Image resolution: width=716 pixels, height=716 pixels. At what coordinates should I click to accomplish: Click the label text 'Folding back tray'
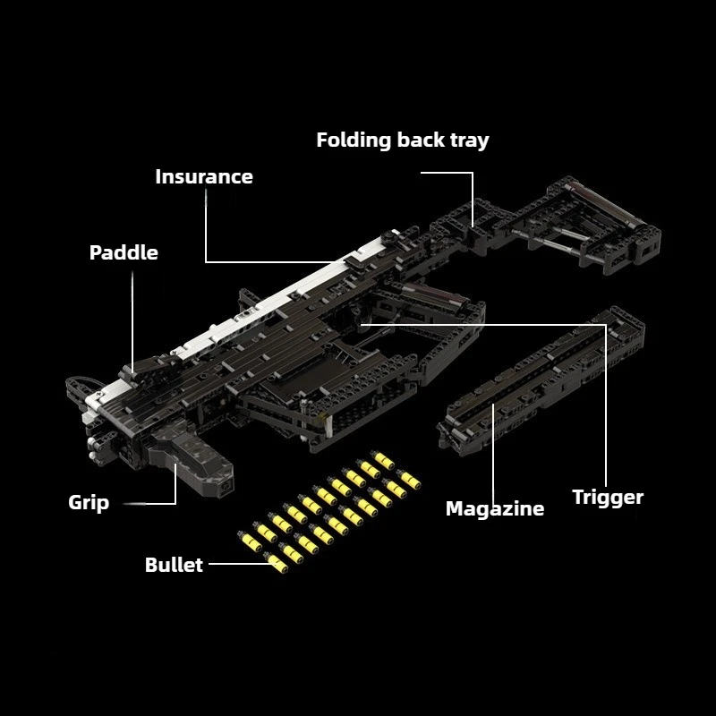[403, 141]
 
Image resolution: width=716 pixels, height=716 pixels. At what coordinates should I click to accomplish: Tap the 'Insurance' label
[204, 176]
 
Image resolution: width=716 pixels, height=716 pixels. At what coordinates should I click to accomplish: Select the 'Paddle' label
[124, 252]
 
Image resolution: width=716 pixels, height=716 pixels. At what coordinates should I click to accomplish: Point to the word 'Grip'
[89, 502]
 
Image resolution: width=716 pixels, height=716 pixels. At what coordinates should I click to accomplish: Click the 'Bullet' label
[174, 565]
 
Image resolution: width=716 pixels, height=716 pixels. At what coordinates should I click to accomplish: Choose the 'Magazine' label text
[495, 509]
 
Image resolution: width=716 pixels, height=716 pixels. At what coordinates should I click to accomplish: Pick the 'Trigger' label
[608, 498]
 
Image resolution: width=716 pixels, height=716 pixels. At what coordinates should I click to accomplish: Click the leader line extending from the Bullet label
[237, 564]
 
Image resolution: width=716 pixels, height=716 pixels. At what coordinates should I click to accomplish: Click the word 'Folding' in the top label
[354, 141]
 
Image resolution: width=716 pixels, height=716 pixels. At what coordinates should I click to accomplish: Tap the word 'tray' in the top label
[468, 141]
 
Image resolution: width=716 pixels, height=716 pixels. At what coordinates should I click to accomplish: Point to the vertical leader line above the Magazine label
[494, 447]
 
